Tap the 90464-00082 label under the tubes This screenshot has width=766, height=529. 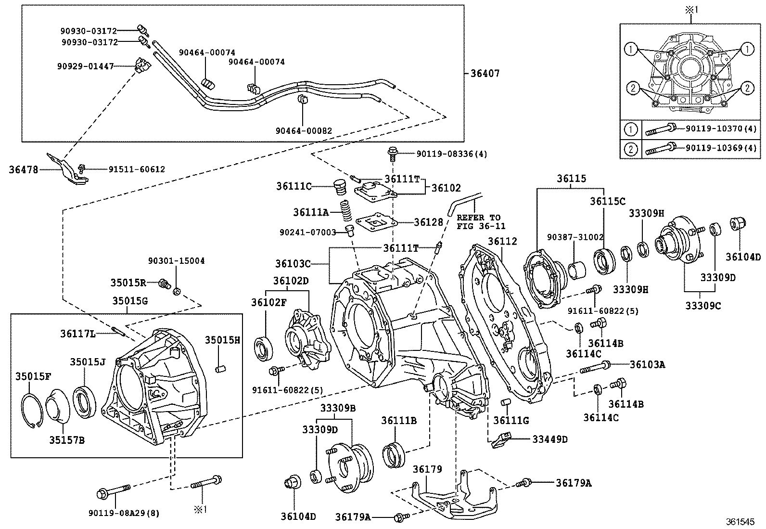coord(304,130)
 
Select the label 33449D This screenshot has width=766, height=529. coord(550,439)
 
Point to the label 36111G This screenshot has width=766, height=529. coord(511,420)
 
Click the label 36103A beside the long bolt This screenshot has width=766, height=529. coord(648,364)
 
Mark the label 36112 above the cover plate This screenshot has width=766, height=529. coord(502,241)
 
